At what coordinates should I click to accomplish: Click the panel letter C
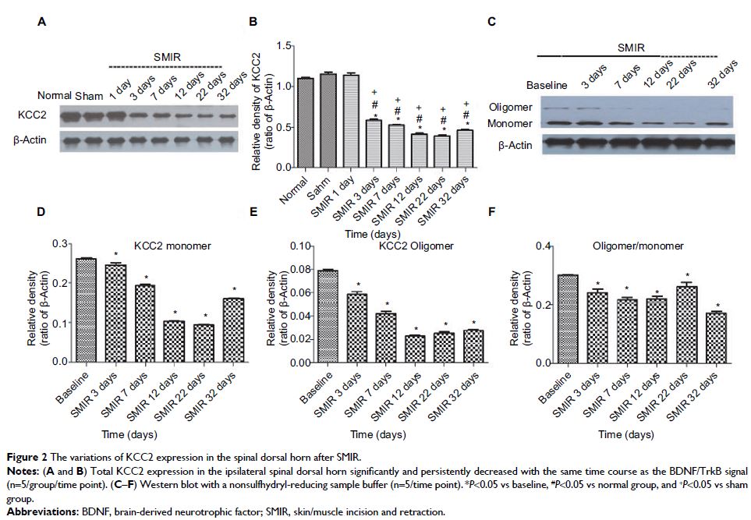(491, 23)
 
